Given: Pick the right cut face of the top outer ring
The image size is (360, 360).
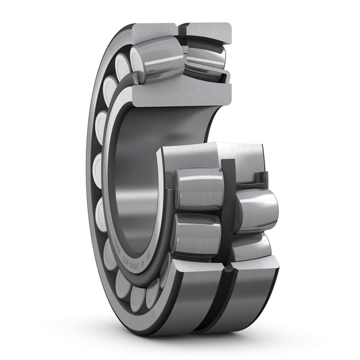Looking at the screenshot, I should pyautogui.click(x=208, y=31).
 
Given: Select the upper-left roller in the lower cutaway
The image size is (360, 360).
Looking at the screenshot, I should pyautogui.click(x=198, y=189).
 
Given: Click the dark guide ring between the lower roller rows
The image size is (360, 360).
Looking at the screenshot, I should pyautogui.click(x=229, y=198).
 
